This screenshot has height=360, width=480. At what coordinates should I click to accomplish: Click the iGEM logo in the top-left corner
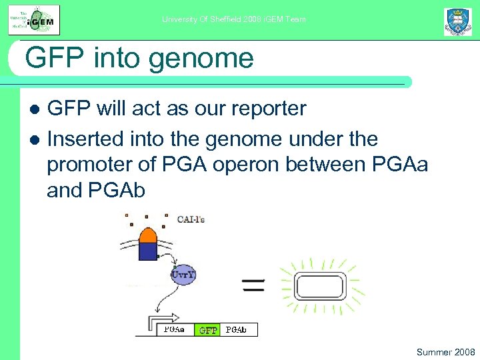(x=33, y=19)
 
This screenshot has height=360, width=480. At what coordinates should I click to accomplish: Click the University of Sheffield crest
(x=458, y=21)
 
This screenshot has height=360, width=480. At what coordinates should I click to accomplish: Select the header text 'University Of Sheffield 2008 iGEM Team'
(x=234, y=19)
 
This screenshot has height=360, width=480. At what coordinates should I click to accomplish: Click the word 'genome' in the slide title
(x=201, y=58)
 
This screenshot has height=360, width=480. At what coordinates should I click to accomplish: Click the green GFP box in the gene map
(x=209, y=329)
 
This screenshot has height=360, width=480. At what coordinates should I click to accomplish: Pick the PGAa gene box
(x=177, y=329)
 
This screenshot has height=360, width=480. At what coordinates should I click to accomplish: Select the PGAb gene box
(x=238, y=329)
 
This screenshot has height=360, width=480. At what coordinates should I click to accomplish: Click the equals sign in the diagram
(x=253, y=287)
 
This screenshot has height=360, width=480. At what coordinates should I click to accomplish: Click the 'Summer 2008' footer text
(x=445, y=351)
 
